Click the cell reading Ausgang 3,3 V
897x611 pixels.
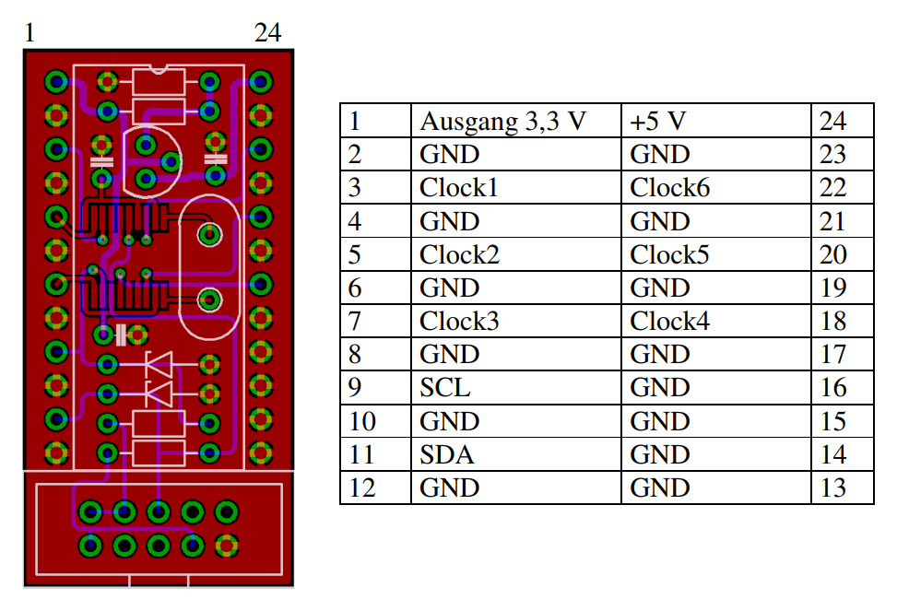pos(515,121)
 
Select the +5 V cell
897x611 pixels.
pos(715,121)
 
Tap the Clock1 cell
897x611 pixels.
pos(515,188)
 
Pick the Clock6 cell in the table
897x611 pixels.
pos(715,188)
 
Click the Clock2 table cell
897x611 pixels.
pos(515,254)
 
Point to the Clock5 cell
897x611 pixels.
pos(715,254)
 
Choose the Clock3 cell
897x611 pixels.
pos(515,321)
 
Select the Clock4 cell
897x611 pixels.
pos(715,321)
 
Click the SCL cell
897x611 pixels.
pos(515,388)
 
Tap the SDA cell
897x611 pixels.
pos(515,455)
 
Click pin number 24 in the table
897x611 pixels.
pos(842,121)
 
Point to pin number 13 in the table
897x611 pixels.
pos(842,488)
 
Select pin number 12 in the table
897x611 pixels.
pos(375,488)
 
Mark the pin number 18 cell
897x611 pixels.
pos(842,321)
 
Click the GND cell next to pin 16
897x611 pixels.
pos(715,388)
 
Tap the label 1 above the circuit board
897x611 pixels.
pos(30,32)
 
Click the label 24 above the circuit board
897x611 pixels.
pos(267,32)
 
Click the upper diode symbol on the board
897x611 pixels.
pos(159,364)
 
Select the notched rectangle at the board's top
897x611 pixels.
pos(159,81)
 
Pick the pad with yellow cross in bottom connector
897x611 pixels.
pos(227,546)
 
